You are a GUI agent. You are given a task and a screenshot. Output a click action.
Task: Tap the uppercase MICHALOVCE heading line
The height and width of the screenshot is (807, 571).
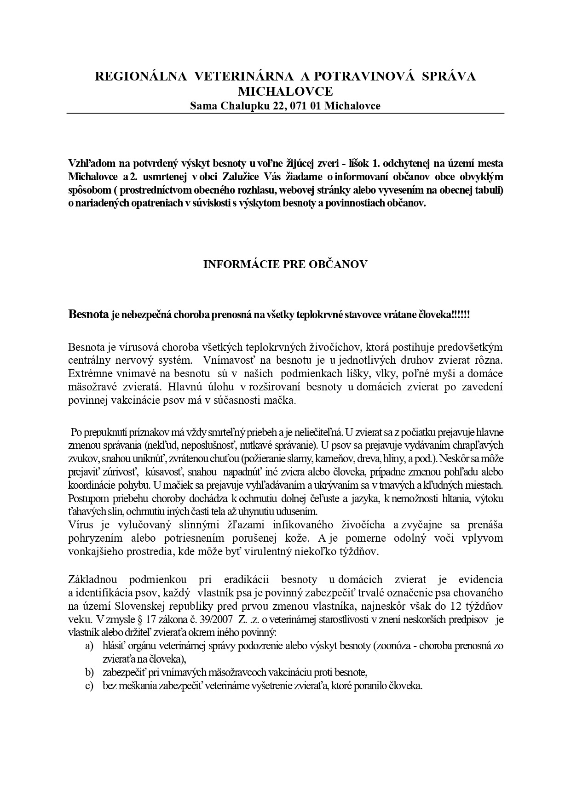285,91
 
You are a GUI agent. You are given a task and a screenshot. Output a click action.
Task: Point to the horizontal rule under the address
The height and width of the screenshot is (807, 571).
285,113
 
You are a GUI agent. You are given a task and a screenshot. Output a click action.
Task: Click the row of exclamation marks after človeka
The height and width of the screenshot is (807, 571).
461,315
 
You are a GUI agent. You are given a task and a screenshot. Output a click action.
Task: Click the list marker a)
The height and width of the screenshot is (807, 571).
89,646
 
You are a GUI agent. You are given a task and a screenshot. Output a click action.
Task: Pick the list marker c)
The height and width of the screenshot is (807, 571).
89,686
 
